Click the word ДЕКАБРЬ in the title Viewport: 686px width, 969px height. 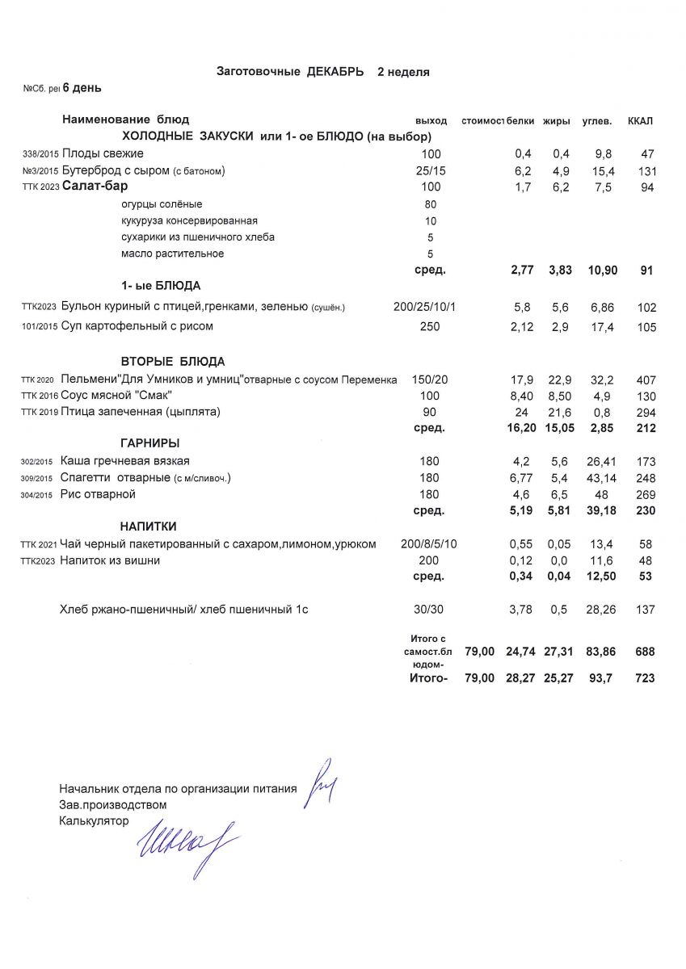point(335,72)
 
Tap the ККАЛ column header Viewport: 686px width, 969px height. point(640,121)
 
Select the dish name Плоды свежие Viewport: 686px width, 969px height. point(103,153)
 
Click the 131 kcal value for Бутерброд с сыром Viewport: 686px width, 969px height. point(645,171)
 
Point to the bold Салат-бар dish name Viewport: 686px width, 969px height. point(95,187)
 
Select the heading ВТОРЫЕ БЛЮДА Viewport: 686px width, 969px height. point(172,362)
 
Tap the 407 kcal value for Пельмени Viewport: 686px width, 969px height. point(645,380)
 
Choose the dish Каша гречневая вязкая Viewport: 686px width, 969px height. point(125,461)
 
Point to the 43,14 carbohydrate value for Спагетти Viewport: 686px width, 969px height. point(599,478)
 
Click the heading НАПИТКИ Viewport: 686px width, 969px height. point(149,526)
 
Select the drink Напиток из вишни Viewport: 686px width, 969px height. point(110,560)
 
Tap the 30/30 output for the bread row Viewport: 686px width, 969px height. point(430,610)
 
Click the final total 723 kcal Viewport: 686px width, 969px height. point(645,678)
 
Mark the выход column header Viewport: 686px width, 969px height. point(431,121)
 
